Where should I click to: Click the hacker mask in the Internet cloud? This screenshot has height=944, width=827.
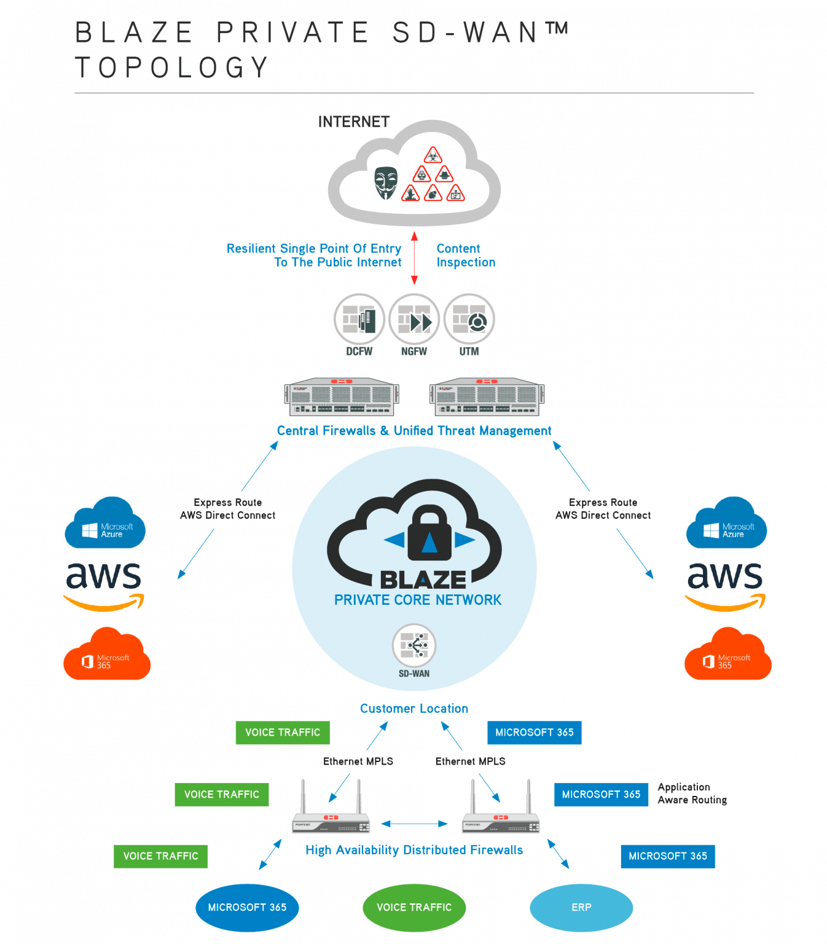[386, 183]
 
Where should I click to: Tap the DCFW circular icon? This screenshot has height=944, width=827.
[359, 319]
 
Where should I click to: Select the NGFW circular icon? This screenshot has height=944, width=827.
[414, 319]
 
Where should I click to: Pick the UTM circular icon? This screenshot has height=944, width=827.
[469, 319]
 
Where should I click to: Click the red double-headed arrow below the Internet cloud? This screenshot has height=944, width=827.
[414, 258]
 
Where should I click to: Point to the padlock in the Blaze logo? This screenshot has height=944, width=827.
[429, 533]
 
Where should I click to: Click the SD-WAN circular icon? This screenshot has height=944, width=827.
[414, 645]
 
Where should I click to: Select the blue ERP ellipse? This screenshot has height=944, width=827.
[581, 908]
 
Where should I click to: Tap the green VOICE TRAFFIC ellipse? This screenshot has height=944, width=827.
[414, 908]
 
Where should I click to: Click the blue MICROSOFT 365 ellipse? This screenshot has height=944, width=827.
[247, 908]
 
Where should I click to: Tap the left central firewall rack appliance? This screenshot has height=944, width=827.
[342, 397]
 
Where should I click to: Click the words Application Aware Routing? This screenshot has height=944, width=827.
[692, 793]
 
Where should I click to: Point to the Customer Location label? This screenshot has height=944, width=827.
[414, 709]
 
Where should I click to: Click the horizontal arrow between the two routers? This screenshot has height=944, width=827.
[414, 824]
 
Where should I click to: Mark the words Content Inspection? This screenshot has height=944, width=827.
[465, 256]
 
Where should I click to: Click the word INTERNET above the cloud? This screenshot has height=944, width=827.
[354, 122]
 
